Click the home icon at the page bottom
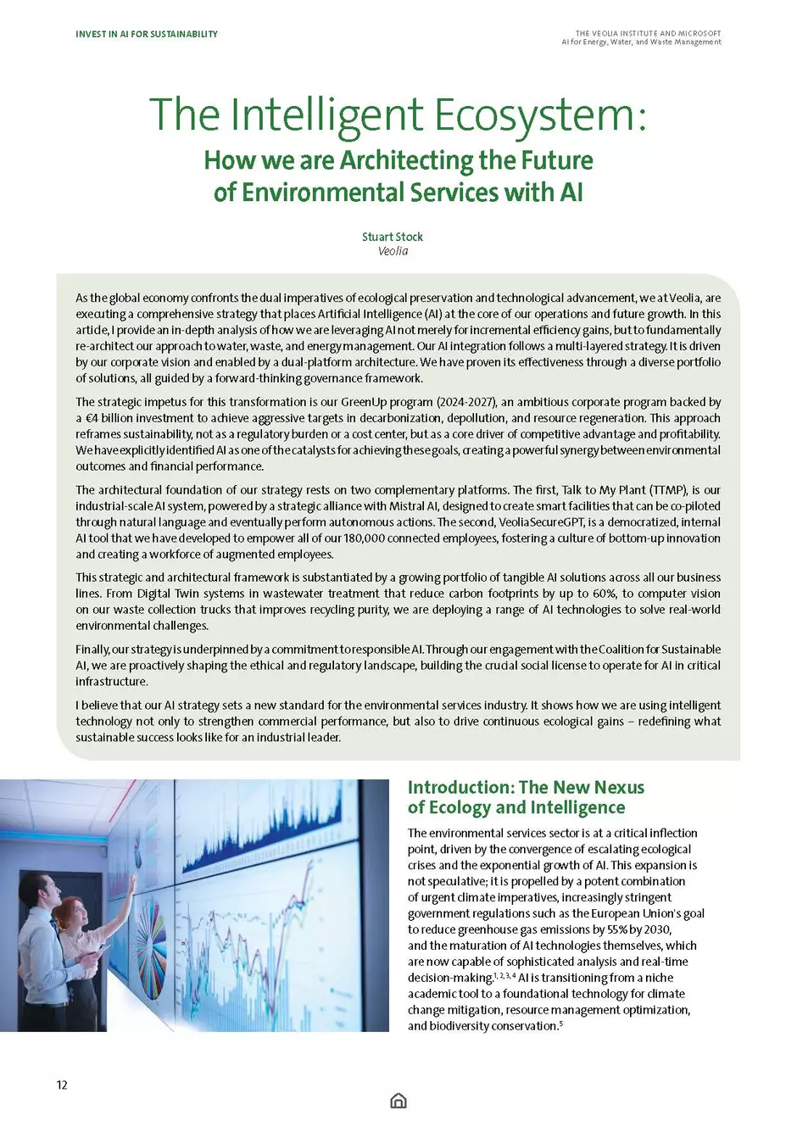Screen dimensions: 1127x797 [398, 1101]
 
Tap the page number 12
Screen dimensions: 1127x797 [62, 1085]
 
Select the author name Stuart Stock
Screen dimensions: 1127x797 [393, 237]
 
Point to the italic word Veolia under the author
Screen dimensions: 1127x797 [393, 251]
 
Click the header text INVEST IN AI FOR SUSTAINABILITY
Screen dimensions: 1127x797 [147, 34]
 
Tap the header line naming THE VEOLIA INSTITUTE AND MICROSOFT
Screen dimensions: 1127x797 [648, 34]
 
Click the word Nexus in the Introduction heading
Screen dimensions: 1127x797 [617, 788]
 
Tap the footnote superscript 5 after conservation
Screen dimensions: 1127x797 [561, 1024]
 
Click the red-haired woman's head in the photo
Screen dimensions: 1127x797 [70, 915]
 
